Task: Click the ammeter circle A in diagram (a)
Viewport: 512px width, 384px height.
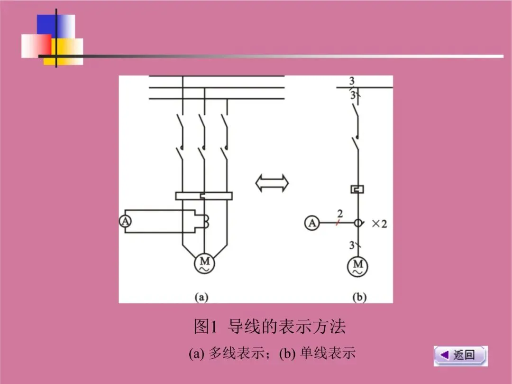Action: coord(125,221)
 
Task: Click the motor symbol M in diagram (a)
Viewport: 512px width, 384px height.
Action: coord(204,264)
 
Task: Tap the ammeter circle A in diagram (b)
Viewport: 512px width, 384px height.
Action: coord(311,222)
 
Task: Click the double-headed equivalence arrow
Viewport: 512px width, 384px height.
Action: coord(272,183)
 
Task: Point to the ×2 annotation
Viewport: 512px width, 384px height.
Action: coord(379,224)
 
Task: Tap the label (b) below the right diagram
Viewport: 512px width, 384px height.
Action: coord(359,298)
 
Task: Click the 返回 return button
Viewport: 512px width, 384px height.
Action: coord(460,355)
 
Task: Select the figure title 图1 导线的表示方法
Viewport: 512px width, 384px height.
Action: coord(270,327)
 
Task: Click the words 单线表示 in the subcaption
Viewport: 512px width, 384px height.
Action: coord(328,353)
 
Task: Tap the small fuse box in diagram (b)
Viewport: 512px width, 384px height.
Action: coord(357,189)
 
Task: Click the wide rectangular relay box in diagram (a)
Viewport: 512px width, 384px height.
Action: coord(203,195)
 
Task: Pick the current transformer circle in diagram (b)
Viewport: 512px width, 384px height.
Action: coord(358,222)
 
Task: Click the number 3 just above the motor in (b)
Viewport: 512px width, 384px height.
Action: coord(352,245)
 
